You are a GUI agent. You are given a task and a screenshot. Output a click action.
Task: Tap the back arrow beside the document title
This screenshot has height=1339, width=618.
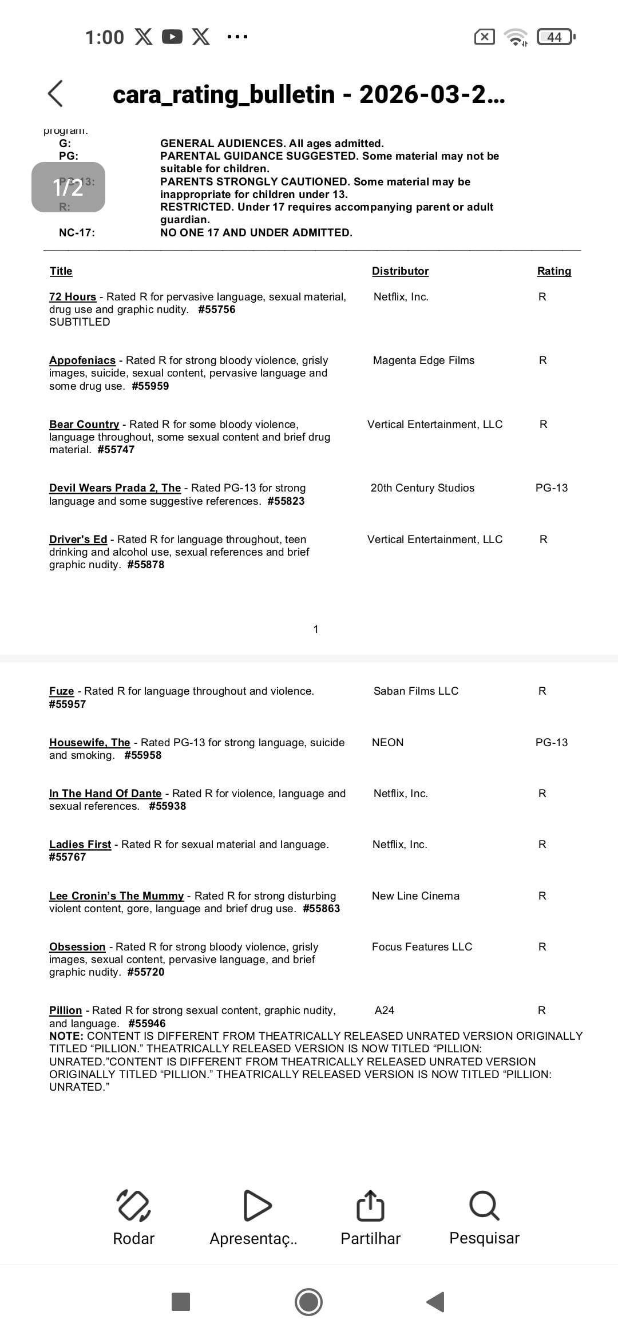pyautogui.click(x=56, y=93)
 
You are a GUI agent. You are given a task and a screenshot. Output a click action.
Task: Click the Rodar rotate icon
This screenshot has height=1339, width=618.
pyautogui.click(x=133, y=1205)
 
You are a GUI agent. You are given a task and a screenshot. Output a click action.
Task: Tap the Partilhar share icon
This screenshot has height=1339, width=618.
pyautogui.click(x=370, y=1205)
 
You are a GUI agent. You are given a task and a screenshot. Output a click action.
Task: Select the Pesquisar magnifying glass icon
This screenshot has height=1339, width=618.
pyautogui.click(x=484, y=1205)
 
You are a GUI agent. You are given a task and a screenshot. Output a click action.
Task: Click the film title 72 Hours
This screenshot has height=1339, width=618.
pyautogui.click(x=73, y=296)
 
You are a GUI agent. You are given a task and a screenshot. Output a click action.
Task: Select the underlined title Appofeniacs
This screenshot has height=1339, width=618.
pyautogui.click(x=82, y=360)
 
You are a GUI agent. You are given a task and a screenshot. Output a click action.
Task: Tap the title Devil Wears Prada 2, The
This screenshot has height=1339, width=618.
pyautogui.click(x=115, y=488)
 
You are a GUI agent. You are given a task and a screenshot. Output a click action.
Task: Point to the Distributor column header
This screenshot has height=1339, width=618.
pyautogui.click(x=400, y=271)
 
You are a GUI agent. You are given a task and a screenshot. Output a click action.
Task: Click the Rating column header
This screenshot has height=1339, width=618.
pyautogui.click(x=554, y=271)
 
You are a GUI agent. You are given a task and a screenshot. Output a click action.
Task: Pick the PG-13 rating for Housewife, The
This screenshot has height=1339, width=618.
pyautogui.click(x=552, y=742)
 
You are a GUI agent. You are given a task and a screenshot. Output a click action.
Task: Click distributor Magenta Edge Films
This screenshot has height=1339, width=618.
pyautogui.click(x=423, y=360)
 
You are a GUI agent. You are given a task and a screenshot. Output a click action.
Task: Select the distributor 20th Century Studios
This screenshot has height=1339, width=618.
pyautogui.click(x=422, y=488)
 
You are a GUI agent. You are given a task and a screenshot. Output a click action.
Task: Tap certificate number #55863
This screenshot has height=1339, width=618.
pyautogui.click(x=322, y=908)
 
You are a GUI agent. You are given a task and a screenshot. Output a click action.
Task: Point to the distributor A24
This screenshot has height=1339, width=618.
pyautogui.click(x=385, y=1010)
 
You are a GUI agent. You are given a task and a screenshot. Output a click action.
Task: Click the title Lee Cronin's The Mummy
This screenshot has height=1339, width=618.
pyautogui.click(x=117, y=896)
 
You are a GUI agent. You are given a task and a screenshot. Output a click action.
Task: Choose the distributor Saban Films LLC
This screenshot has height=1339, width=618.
pyautogui.click(x=416, y=691)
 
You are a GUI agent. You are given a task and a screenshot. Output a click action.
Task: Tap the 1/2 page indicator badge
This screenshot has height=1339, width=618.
pyautogui.click(x=68, y=187)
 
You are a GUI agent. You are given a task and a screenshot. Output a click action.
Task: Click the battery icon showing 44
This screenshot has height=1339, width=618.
pyautogui.click(x=555, y=37)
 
